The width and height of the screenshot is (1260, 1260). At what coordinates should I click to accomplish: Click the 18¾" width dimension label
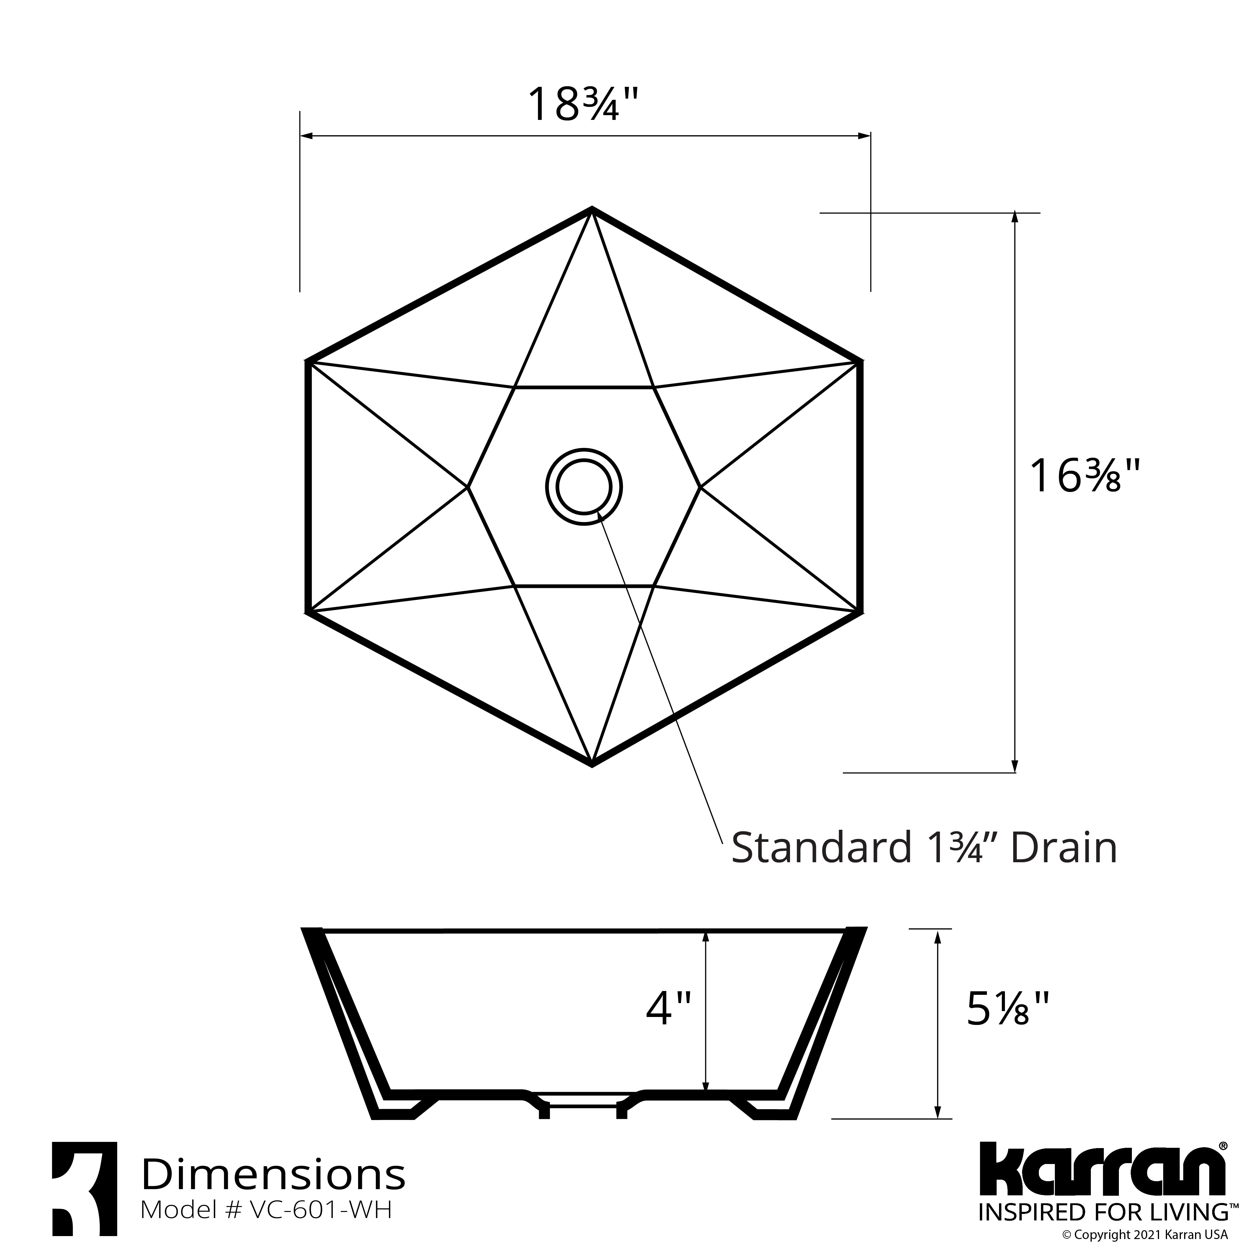(x=582, y=104)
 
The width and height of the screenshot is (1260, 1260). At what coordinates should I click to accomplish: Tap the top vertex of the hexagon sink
(x=592, y=210)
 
